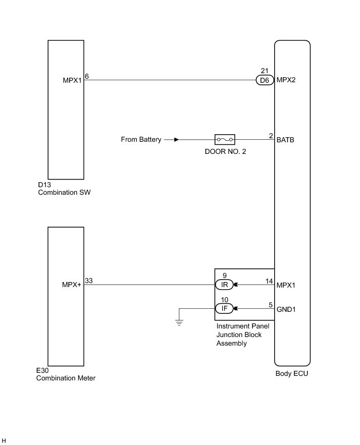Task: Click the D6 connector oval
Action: pos(265,80)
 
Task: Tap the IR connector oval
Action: pos(224,285)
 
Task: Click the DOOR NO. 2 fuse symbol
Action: pos(225,139)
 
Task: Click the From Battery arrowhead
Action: pos(176,139)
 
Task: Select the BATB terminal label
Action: pos(286,139)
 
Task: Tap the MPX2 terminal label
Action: pos(286,80)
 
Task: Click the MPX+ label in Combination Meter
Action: pos(72,285)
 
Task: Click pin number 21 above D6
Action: pos(265,71)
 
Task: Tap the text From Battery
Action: pos(141,139)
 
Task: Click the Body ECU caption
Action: pos(291,374)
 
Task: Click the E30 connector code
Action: pos(43,370)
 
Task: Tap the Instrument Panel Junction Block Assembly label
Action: pos(242,335)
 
